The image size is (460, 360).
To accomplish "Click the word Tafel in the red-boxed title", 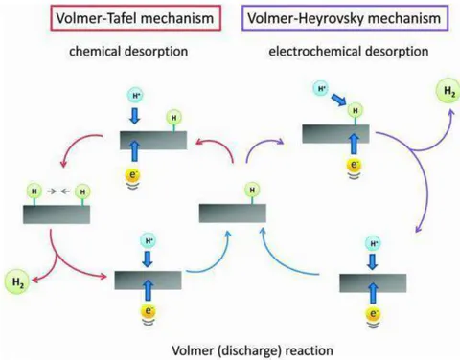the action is (x=121, y=18).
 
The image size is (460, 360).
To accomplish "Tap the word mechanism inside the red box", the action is (x=177, y=18).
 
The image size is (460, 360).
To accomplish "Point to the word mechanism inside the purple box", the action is (x=404, y=18).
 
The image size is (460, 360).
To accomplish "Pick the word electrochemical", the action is (x=315, y=52).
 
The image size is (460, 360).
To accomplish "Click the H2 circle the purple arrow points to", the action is (x=448, y=91).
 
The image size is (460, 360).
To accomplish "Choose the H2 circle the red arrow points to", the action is (x=17, y=282).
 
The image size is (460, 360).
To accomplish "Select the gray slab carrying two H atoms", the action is (x=57, y=214).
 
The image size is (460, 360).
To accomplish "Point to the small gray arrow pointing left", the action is (x=65, y=191).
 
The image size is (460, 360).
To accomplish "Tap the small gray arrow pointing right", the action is (x=52, y=191).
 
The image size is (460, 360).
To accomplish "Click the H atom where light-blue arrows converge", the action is (x=252, y=191).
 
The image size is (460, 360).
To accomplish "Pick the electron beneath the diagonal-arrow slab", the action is (x=354, y=165).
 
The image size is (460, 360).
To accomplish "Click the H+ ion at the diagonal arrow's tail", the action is (x=321, y=88).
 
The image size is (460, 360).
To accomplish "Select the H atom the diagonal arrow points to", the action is (x=356, y=110).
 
